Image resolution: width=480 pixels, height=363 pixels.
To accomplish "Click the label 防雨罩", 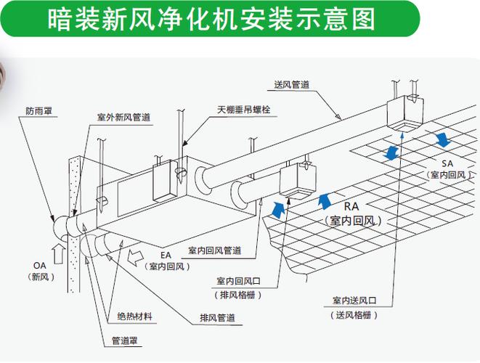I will click(38, 111).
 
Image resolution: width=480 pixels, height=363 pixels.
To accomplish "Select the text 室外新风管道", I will click(123, 116).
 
